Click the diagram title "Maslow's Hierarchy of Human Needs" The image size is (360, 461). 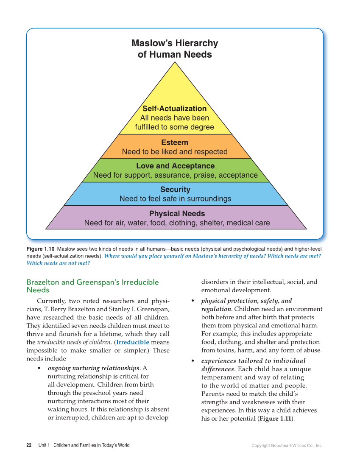click(175, 49)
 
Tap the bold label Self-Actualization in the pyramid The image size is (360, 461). click(174, 109)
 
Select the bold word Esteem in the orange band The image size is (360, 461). click(175, 142)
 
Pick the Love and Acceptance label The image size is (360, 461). click(175, 166)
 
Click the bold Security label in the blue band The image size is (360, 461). click(175, 190)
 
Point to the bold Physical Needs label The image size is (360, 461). click(177, 214)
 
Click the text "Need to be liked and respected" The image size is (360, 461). click(175, 152)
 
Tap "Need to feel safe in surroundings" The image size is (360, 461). click(175, 198)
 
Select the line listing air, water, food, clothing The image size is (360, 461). click(177, 223)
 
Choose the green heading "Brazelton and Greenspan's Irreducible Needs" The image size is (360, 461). click(92, 286)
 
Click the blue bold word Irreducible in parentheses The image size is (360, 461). click(133, 342)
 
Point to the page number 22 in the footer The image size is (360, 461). click(29, 445)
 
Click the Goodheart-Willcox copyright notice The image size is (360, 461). click(287, 446)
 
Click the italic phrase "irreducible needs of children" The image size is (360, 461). click(75, 342)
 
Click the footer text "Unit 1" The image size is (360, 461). click(44, 445)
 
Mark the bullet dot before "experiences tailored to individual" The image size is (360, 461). click(193, 361)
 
